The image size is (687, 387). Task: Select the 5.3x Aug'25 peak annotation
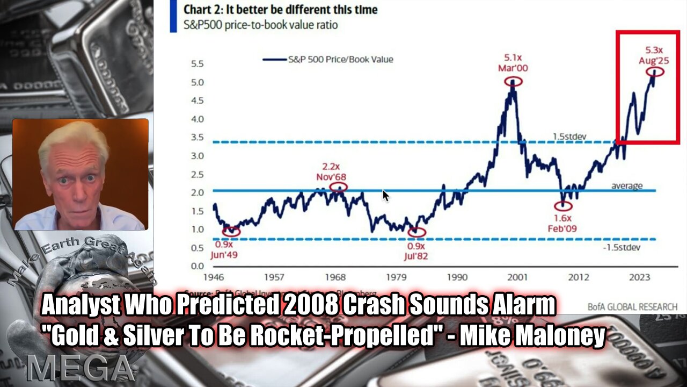click(654, 56)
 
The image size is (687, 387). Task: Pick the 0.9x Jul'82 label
click(416, 250)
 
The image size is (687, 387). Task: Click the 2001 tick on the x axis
click(518, 277)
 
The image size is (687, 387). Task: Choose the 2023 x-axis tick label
click(640, 277)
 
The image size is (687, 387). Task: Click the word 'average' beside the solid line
click(627, 186)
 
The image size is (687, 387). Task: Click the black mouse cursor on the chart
click(385, 195)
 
